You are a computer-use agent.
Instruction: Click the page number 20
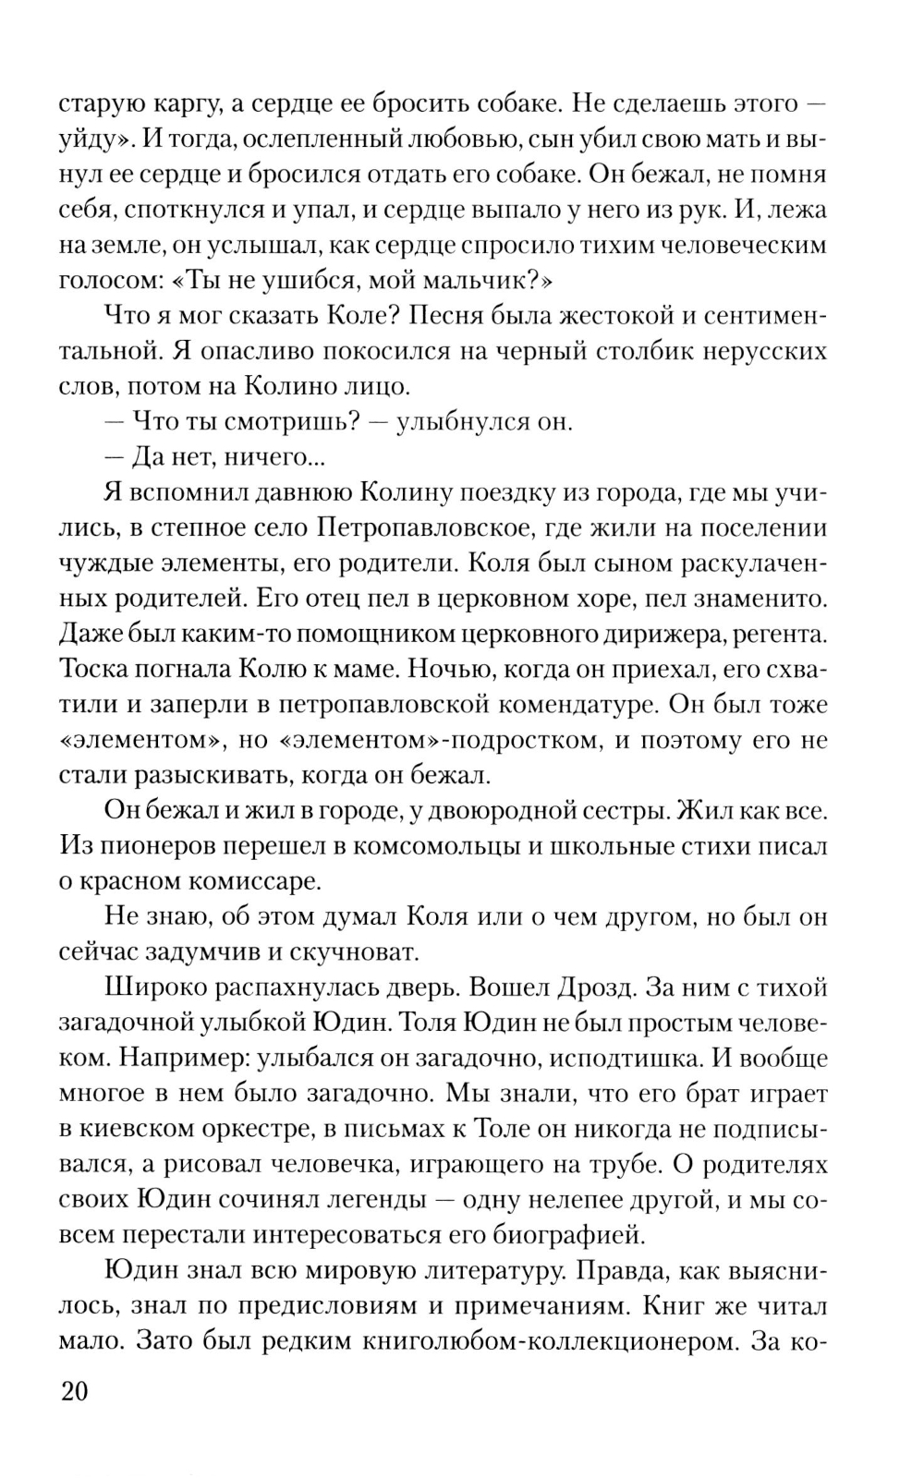click(74, 1390)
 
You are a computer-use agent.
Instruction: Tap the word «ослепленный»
click(313, 139)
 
